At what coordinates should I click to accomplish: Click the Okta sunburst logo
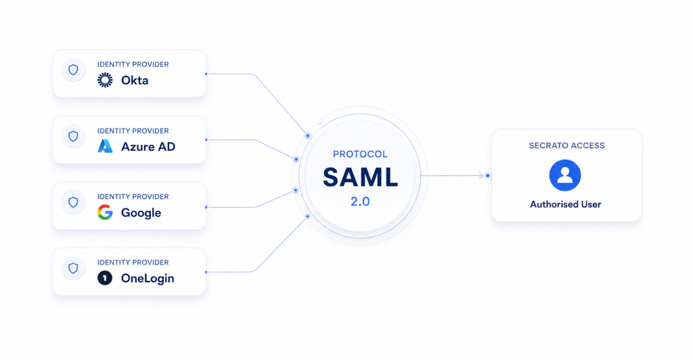(x=105, y=80)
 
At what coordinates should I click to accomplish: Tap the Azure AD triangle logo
(x=105, y=146)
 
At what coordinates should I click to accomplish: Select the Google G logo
(x=105, y=212)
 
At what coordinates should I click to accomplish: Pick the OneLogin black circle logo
(x=105, y=278)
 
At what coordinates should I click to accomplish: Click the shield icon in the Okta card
(x=73, y=70)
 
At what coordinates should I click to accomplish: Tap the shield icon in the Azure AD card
(x=73, y=136)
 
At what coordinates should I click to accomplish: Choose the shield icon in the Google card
(x=73, y=202)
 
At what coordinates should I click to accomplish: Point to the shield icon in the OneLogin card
(x=73, y=268)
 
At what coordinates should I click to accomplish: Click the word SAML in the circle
(x=360, y=177)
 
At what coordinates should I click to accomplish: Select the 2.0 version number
(x=360, y=202)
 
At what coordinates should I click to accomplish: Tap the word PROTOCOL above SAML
(x=360, y=154)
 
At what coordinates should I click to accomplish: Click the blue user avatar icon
(x=565, y=175)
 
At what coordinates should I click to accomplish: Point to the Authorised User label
(x=566, y=204)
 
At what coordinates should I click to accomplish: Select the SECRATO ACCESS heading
(x=566, y=145)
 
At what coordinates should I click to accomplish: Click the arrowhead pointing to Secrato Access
(x=481, y=176)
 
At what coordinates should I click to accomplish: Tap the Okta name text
(x=135, y=81)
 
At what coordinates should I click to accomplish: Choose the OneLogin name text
(x=148, y=278)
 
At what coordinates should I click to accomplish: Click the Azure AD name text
(x=148, y=147)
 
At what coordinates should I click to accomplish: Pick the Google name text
(x=141, y=213)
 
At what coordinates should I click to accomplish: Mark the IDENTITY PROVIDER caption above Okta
(x=133, y=64)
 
